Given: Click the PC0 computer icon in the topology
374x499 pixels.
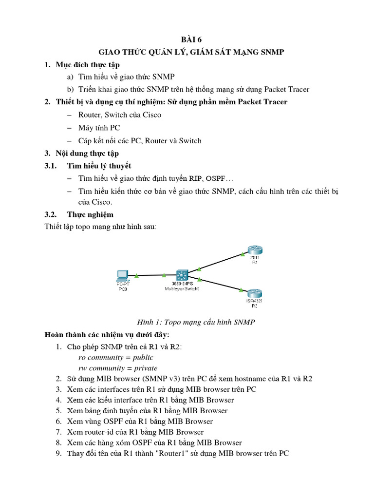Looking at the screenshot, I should click(x=123, y=275).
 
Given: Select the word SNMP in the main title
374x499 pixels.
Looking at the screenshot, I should click(x=270, y=52).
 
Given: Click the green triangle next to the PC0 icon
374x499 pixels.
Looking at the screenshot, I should click(x=137, y=275).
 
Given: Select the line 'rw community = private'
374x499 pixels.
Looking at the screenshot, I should click(x=118, y=368).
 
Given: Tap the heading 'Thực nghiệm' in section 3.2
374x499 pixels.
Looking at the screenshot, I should click(x=90, y=214).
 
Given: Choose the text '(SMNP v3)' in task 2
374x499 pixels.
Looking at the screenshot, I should click(x=139, y=379).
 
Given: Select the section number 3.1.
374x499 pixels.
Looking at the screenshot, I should click(x=51, y=166).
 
